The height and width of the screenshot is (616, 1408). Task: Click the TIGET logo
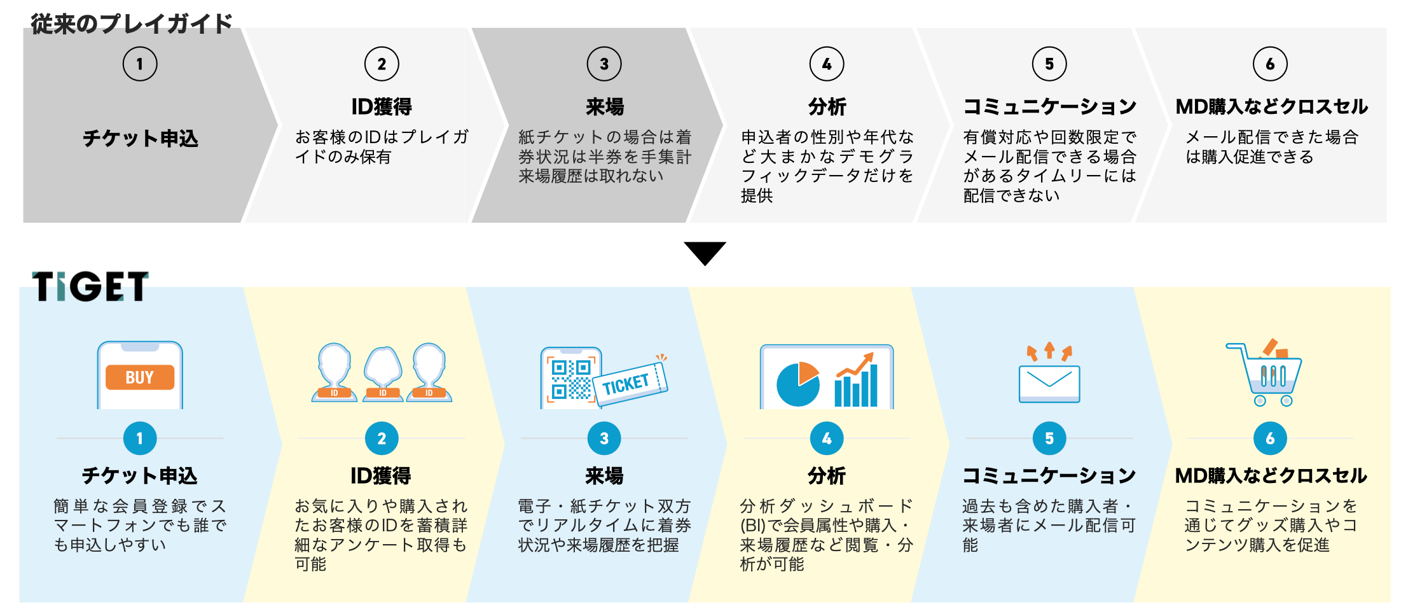tap(90, 286)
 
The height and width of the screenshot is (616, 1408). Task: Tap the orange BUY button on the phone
tap(140, 377)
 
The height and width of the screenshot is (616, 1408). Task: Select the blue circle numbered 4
tap(827, 438)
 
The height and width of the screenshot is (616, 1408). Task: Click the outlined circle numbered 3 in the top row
tap(604, 64)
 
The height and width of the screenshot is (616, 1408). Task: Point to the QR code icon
tap(570, 380)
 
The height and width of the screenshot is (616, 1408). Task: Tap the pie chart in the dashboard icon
tap(798, 384)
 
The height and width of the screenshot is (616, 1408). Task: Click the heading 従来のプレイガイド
tap(132, 24)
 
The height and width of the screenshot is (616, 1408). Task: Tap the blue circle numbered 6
tap(1270, 438)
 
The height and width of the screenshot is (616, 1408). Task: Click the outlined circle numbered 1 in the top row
tap(140, 64)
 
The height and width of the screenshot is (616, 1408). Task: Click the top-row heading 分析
tap(827, 107)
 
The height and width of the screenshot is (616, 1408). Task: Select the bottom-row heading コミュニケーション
tap(1049, 475)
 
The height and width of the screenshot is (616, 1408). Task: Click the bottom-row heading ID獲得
tap(381, 475)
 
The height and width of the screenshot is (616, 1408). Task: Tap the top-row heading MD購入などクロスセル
tap(1271, 107)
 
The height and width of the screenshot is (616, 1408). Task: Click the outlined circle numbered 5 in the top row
tap(1049, 64)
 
